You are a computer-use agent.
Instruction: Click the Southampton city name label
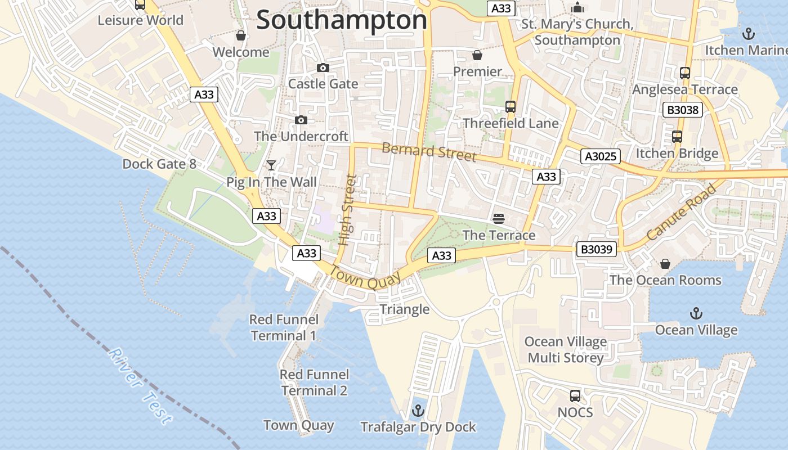pyautogui.click(x=342, y=20)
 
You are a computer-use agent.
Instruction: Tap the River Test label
pyautogui.click(x=139, y=386)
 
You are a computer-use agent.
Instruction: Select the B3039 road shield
pyautogui.click(x=596, y=249)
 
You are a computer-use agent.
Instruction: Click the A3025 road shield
pyautogui.click(x=601, y=156)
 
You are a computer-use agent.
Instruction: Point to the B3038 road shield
pyautogui.click(x=683, y=110)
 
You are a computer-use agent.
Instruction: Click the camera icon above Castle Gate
pyautogui.click(x=323, y=68)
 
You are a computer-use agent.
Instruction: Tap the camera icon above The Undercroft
pyautogui.click(x=301, y=120)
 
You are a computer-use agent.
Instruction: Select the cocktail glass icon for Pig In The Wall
pyautogui.click(x=271, y=165)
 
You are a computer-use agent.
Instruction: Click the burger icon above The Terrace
pyautogui.click(x=499, y=218)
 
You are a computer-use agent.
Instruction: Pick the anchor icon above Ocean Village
pyautogui.click(x=696, y=313)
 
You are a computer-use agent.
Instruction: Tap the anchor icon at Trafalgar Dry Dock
pyautogui.click(x=418, y=411)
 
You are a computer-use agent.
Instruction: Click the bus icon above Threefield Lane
pyautogui.click(x=511, y=106)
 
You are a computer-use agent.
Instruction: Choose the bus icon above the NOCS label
pyautogui.click(x=575, y=395)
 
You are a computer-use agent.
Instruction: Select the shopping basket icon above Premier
pyautogui.click(x=477, y=55)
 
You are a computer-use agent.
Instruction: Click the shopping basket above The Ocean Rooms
pyautogui.click(x=665, y=264)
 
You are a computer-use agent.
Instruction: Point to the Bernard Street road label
pyautogui.click(x=429, y=152)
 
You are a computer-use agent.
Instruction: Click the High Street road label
pyautogui.click(x=348, y=210)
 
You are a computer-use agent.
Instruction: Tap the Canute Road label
pyautogui.click(x=681, y=212)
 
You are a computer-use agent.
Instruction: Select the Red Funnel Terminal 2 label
pyautogui.click(x=314, y=382)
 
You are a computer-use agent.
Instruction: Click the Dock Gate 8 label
pyautogui.click(x=159, y=164)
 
